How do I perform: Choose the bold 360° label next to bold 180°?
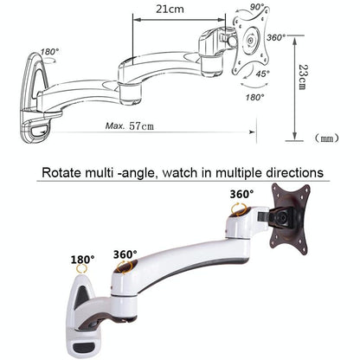point(125,254)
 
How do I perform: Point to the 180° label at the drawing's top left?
point(50,51)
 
